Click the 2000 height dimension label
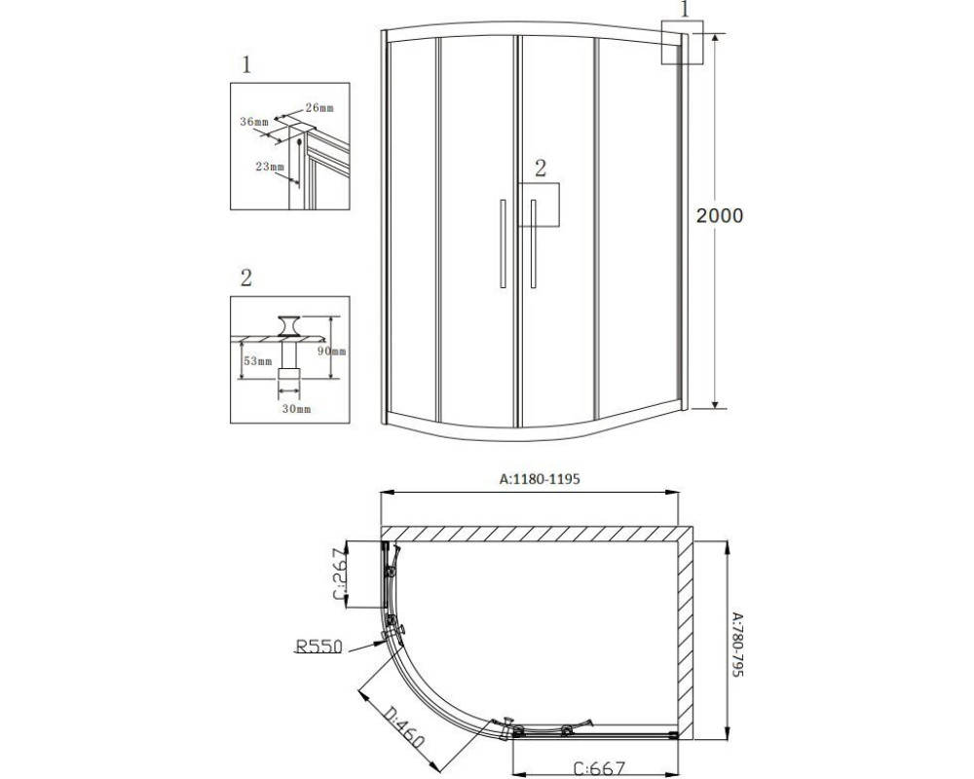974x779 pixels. (x=719, y=215)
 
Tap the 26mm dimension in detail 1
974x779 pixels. (x=319, y=107)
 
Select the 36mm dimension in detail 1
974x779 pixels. (x=254, y=121)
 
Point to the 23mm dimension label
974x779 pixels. (x=270, y=166)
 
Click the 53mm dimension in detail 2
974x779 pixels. (x=257, y=361)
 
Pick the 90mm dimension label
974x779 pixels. (x=331, y=351)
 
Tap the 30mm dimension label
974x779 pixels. (x=296, y=409)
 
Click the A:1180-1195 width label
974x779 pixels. (x=540, y=479)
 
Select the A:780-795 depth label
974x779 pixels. (x=736, y=645)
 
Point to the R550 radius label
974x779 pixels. (x=318, y=647)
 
